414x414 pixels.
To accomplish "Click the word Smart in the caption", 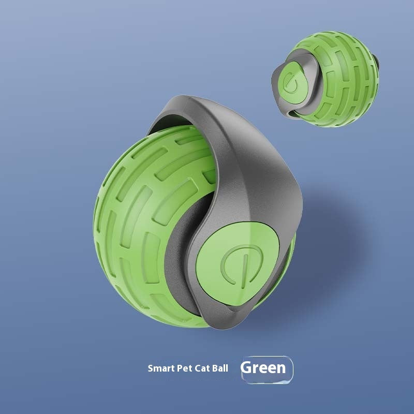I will point(160,369).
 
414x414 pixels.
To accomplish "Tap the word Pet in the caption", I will point(184,369).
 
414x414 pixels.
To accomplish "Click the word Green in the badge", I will point(263,368).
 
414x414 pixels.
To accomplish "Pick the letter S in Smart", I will point(151,369).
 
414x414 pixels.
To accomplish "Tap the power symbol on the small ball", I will point(289,80).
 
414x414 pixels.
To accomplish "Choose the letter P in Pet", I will point(179,369).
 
